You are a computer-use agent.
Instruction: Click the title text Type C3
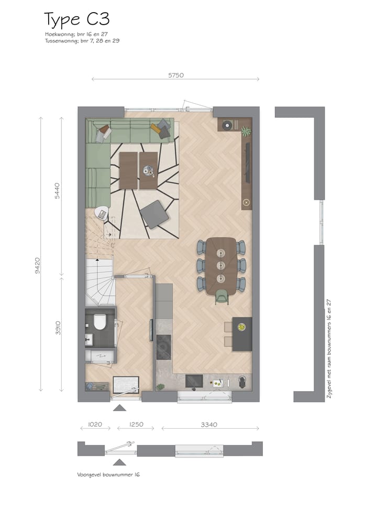(77, 20)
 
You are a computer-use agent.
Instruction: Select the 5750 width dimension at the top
(175, 75)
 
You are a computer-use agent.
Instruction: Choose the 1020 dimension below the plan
(95, 425)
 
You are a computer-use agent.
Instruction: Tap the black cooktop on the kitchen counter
(163, 346)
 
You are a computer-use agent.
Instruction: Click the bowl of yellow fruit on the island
(241, 328)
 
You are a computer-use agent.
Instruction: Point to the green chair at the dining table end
(222, 297)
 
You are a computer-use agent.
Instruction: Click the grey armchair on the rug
(154, 214)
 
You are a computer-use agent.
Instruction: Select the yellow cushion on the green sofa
(156, 127)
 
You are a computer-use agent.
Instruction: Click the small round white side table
(102, 213)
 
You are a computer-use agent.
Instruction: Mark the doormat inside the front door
(126, 383)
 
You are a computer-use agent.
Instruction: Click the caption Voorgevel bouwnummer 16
(108, 474)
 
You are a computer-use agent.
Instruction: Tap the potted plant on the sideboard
(246, 130)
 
